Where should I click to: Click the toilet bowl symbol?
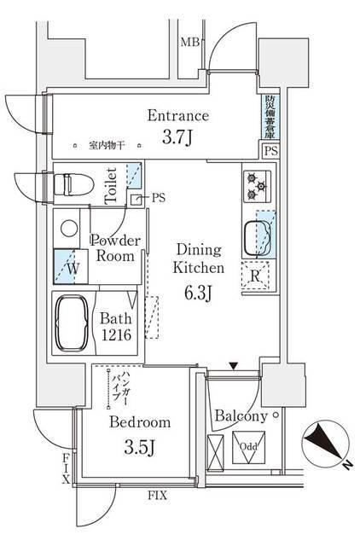tap(73, 183)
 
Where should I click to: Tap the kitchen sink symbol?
tap(258, 233)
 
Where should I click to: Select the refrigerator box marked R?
tap(256, 276)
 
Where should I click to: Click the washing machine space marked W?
tap(68, 267)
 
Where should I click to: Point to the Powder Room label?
tap(113, 248)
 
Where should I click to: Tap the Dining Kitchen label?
tap(200, 258)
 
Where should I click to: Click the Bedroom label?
tap(139, 422)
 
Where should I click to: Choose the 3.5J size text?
tap(139, 446)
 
